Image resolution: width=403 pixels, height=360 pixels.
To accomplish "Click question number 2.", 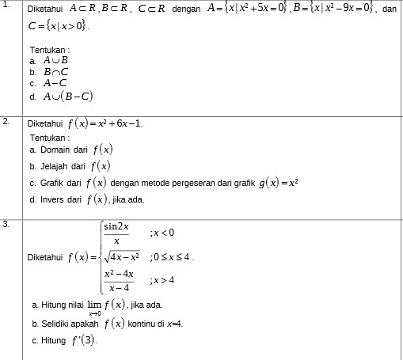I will [6, 121].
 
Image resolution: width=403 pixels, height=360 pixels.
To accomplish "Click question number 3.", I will [6, 224].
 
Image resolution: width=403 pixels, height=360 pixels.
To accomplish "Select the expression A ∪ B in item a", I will [56, 60].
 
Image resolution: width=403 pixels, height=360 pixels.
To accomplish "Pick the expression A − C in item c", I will [55, 82].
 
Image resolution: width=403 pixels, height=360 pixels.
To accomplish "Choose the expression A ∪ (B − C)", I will [68, 97].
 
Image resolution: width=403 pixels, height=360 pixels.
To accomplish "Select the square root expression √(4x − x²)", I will [122, 256].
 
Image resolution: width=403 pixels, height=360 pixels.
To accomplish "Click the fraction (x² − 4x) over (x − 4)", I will [120, 281].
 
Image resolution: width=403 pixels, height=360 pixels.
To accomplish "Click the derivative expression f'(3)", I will [85, 341].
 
